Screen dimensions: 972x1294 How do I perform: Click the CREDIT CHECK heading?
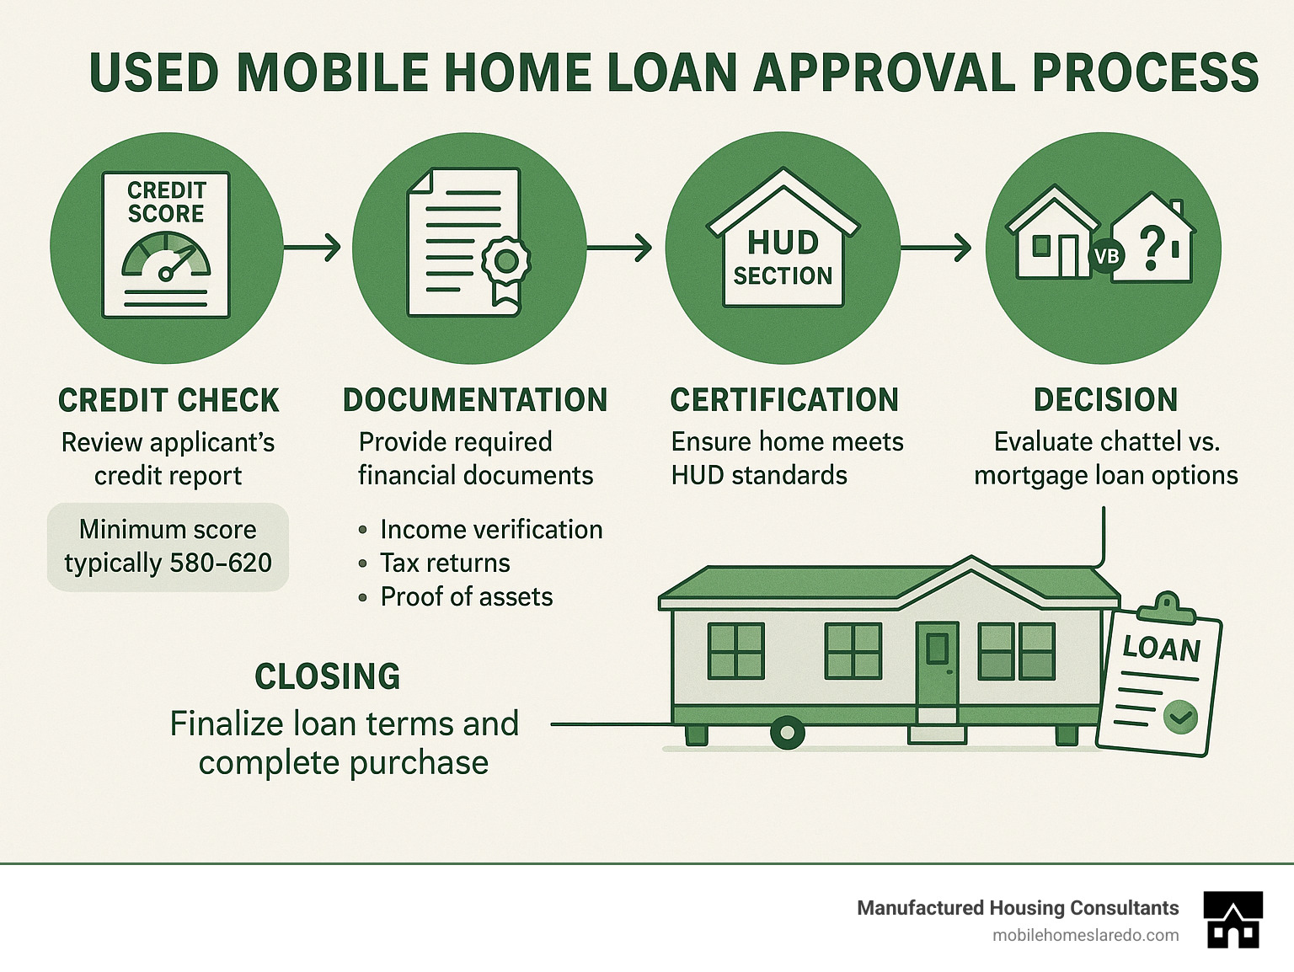pyautogui.click(x=168, y=400)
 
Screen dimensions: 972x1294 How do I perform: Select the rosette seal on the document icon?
pyautogui.click(x=506, y=261)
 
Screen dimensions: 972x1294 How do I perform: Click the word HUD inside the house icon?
pyautogui.click(x=783, y=243)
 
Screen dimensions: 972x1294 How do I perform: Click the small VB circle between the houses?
pyautogui.click(x=1106, y=254)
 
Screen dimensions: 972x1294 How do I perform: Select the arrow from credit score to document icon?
pyautogui.click(x=313, y=248)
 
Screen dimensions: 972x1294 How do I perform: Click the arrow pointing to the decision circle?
pyautogui.click(x=936, y=248)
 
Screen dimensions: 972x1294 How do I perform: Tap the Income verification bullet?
pyautogui.click(x=490, y=530)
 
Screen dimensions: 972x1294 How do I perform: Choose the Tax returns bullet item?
pyautogui.click(x=444, y=563)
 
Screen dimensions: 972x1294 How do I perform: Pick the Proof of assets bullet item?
pyautogui.click(x=466, y=597)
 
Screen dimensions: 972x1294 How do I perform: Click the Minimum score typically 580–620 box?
pyautogui.click(x=168, y=547)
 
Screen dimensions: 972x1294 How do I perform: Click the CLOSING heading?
pyautogui.click(x=327, y=677)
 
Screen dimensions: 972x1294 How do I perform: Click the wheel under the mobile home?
pyautogui.click(x=788, y=733)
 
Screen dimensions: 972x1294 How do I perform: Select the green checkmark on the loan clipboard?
pyautogui.click(x=1179, y=717)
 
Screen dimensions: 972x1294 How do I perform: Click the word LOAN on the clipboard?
pyautogui.click(x=1162, y=649)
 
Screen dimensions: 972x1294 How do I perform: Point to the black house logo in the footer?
pyautogui.click(x=1233, y=920)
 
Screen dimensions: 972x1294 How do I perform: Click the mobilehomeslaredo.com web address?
pyautogui.click(x=1085, y=935)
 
